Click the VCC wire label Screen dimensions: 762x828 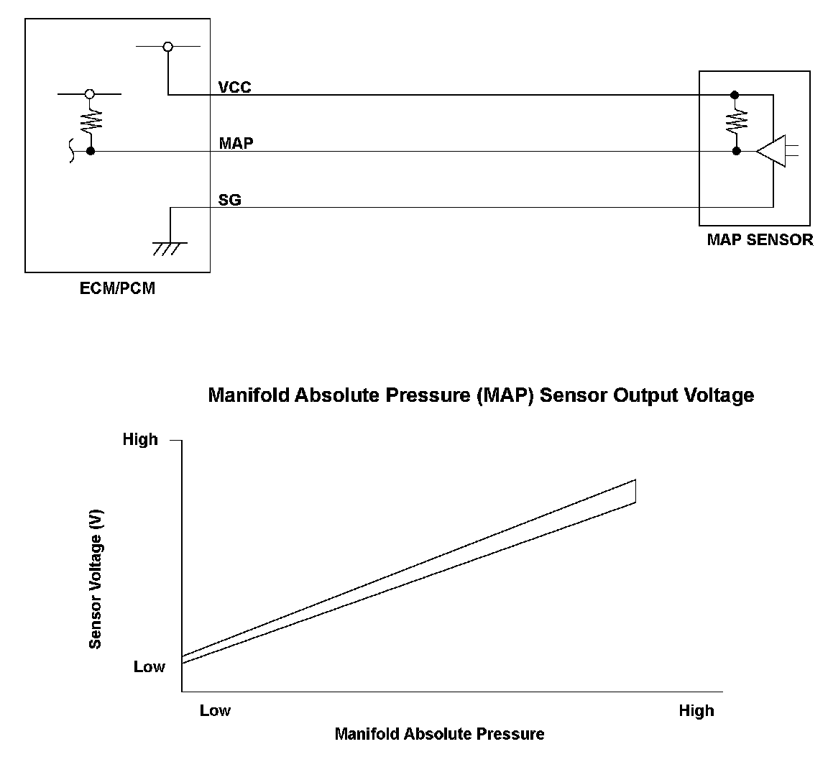(x=234, y=87)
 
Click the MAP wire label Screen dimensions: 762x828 (x=236, y=143)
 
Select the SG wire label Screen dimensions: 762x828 (x=229, y=200)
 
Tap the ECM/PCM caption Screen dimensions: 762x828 (x=117, y=289)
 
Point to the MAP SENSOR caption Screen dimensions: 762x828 (x=760, y=239)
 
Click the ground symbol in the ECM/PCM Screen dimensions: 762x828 (x=170, y=248)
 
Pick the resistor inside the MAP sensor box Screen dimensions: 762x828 (x=736, y=122)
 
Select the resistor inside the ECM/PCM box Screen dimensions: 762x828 (x=91, y=121)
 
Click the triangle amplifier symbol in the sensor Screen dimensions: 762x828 (x=771, y=151)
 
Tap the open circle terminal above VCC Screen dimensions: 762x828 (x=167, y=47)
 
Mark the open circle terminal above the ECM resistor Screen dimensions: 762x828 (x=90, y=93)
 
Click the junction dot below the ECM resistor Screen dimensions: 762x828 (x=91, y=151)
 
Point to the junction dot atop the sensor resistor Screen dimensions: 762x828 (x=734, y=94)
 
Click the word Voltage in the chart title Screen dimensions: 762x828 (x=720, y=395)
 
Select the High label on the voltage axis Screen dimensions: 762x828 (x=140, y=439)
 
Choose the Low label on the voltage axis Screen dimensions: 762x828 (x=149, y=667)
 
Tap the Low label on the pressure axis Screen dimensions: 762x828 (x=215, y=711)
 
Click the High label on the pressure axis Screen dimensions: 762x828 (x=696, y=711)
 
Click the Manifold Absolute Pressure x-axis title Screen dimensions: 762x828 (x=439, y=734)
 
